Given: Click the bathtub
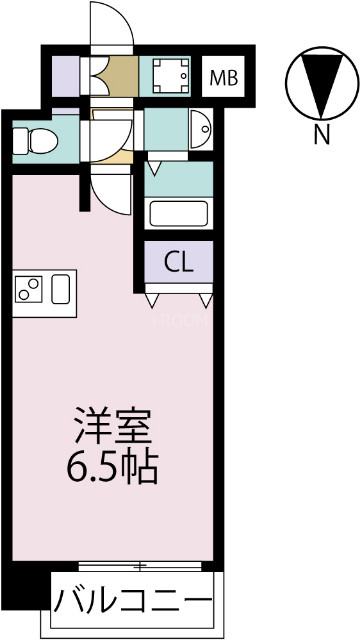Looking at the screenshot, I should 178,214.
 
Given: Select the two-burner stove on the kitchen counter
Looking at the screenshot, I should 28,290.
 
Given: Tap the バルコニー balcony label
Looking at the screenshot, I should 133,602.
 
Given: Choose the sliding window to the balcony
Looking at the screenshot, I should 146,566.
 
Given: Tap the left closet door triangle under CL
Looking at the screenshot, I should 154,297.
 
